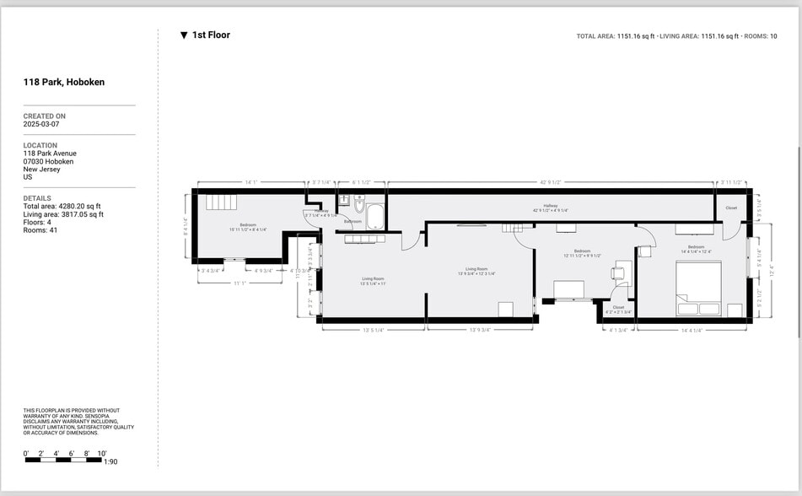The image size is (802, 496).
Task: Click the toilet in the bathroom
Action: [x=359, y=205]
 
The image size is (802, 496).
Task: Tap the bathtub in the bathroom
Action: [x=374, y=217]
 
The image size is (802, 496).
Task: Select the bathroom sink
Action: [x=344, y=201]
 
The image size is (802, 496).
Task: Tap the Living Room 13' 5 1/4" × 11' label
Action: [x=373, y=281]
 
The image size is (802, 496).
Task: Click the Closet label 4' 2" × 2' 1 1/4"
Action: [x=618, y=310]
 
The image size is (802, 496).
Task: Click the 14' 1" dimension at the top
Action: [x=250, y=181]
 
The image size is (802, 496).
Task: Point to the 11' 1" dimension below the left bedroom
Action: [x=240, y=283]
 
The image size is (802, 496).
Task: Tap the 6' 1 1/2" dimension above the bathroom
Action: [x=361, y=181]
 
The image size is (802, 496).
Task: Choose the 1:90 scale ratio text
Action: [x=110, y=462]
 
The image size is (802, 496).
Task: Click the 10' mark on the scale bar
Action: [x=102, y=454]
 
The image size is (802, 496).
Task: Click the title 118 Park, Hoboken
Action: [x=64, y=83]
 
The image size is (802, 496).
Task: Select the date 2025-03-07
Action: [x=41, y=124]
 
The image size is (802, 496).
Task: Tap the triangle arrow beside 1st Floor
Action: [x=184, y=35]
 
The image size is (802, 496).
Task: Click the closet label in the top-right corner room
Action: [x=731, y=208]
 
